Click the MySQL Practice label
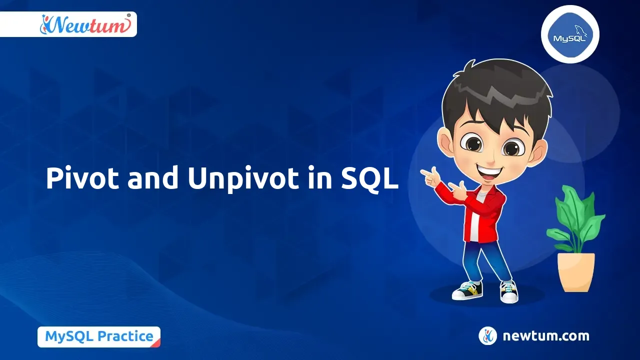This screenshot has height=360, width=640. pos(99,336)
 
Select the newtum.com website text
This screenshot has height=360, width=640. pos(545,336)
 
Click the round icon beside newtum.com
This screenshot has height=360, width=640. pos(487,336)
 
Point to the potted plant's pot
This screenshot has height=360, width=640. pos(576,271)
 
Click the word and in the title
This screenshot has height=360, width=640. pos(153,178)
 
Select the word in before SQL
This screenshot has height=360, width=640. pos(317,178)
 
